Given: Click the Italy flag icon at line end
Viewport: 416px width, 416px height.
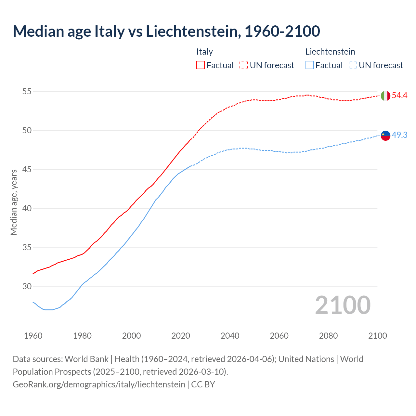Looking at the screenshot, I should click(385, 96).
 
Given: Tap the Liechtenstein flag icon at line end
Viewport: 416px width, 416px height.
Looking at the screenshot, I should click(385, 136).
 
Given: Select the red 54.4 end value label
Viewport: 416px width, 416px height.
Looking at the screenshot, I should click(399, 96).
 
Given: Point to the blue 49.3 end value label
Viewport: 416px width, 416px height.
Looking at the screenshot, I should click(399, 135).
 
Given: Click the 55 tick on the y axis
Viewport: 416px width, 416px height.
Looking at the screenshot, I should click(27, 92).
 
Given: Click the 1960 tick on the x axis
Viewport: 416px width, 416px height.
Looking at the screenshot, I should click(33, 336).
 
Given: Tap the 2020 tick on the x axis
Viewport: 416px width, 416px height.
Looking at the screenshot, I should click(181, 336).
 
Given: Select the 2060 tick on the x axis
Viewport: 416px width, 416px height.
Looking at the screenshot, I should click(279, 336).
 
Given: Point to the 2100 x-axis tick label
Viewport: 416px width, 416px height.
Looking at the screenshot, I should click(377, 336).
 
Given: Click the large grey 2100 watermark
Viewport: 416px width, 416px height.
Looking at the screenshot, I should click(343, 305).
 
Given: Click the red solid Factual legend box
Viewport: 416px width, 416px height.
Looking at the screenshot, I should click(201, 65).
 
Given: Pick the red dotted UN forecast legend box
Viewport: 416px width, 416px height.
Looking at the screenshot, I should click(244, 65).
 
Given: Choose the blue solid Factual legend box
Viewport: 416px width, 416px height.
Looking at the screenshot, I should click(310, 65).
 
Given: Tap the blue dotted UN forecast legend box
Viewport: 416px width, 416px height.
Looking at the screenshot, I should click(353, 65).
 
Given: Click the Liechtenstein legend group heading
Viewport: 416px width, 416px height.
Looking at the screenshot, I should click(330, 52).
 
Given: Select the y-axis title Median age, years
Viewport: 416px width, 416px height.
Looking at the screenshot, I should click(14, 202).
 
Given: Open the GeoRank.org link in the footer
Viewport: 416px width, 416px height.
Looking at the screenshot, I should click(99, 384).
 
